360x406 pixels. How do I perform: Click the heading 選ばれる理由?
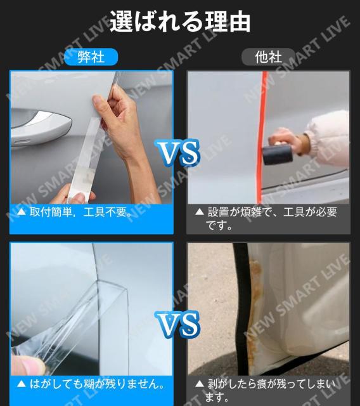(180, 21)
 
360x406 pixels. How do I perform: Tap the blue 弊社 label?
(91, 56)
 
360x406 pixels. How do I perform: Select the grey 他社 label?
(268, 56)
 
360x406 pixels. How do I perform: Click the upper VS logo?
(177, 152)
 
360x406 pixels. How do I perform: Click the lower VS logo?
(177, 324)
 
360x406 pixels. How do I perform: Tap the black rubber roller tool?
(278, 154)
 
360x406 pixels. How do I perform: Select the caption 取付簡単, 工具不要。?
(81, 212)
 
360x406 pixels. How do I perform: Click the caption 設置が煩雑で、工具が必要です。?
(271, 218)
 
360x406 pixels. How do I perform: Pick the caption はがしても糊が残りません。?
(97, 383)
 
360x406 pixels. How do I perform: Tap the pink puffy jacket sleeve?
(328, 139)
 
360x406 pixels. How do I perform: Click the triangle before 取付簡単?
(21, 212)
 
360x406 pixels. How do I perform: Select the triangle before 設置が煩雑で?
(200, 212)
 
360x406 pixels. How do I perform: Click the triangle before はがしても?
(21, 383)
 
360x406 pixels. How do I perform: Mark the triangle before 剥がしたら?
(200, 383)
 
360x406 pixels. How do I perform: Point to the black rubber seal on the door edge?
(242, 308)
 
